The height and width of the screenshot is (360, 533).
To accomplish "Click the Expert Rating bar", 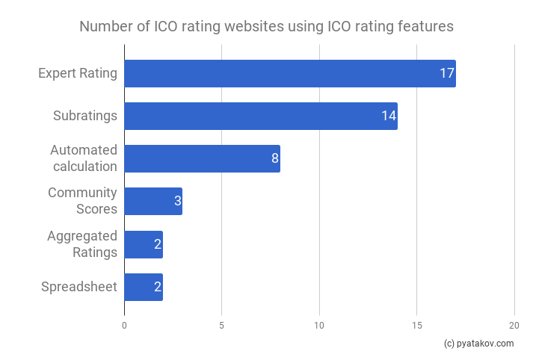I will click(x=289, y=74).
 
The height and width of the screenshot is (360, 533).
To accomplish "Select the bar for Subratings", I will click(x=260, y=117).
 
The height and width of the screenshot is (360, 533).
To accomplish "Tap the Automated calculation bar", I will click(x=202, y=158).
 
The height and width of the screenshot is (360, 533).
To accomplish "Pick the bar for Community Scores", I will click(x=153, y=201).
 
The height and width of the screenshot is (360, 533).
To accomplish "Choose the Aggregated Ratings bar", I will click(x=144, y=244).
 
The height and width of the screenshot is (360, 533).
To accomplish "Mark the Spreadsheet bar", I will click(x=144, y=287).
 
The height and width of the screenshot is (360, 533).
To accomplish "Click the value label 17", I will click(x=447, y=74).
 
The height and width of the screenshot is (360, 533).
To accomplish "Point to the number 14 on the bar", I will click(x=388, y=117).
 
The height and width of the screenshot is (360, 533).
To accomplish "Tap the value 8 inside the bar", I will click(x=274, y=158).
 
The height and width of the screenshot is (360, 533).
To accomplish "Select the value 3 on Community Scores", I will click(x=176, y=201).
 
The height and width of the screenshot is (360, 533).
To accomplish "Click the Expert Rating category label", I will click(x=78, y=74).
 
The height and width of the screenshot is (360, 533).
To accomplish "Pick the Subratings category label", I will click(x=85, y=117).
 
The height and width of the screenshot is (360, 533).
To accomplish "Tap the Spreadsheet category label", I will click(x=79, y=287).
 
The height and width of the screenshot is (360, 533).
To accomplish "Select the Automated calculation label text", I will click(x=84, y=158).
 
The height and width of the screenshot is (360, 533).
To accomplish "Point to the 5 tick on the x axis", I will click(x=221, y=326).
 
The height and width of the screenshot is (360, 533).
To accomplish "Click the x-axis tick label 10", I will click(x=319, y=326).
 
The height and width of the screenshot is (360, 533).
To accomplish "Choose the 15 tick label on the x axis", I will click(x=416, y=326).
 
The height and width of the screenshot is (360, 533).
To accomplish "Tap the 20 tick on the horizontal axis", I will click(x=514, y=326).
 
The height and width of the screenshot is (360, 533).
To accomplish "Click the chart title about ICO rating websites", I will click(x=266, y=27).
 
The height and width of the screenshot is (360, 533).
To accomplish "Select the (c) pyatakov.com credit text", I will click(x=478, y=344).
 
